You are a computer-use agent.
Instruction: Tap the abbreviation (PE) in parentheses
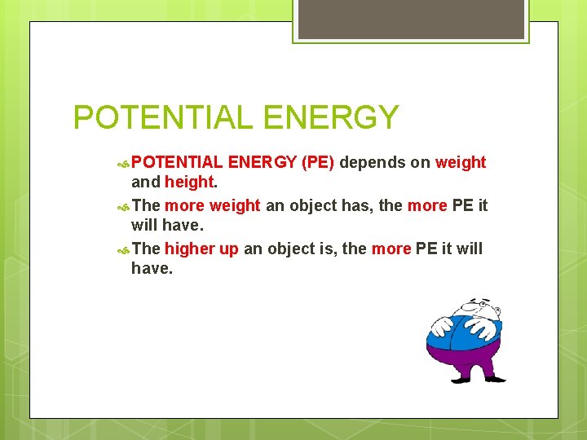point(318,162)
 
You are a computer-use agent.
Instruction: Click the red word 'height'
point(189,183)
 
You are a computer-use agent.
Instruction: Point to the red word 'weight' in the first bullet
point(461,162)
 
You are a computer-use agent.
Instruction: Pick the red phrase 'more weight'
point(212,205)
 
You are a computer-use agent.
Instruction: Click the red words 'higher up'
point(201,249)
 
